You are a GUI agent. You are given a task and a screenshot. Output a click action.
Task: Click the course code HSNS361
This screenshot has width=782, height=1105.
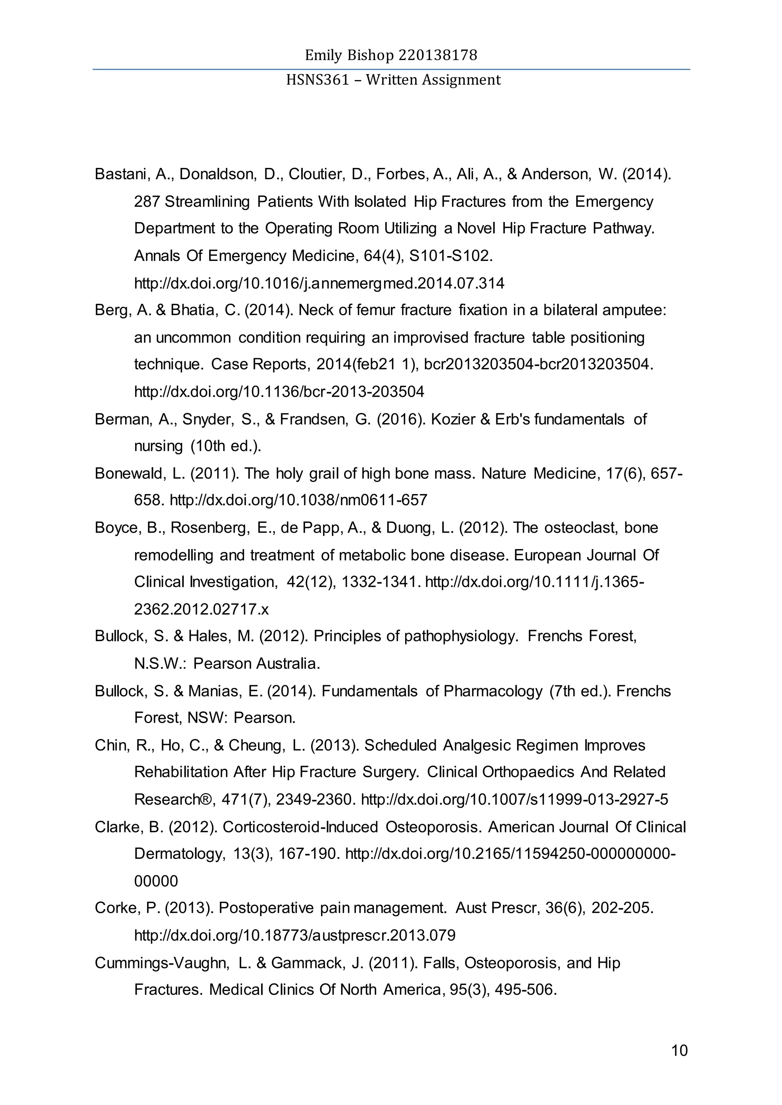pos(317,80)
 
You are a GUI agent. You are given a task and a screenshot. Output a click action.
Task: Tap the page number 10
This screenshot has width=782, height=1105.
pos(679,1050)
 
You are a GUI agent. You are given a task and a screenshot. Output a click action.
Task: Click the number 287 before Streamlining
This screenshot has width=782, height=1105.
pos(147,201)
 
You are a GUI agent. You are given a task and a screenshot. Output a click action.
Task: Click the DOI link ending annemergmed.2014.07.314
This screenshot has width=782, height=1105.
pos(319,283)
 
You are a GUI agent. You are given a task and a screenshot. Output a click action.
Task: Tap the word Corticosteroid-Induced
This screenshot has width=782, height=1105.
pos(301,827)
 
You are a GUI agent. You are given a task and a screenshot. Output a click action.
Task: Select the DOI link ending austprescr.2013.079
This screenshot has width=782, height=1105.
pos(295,936)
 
